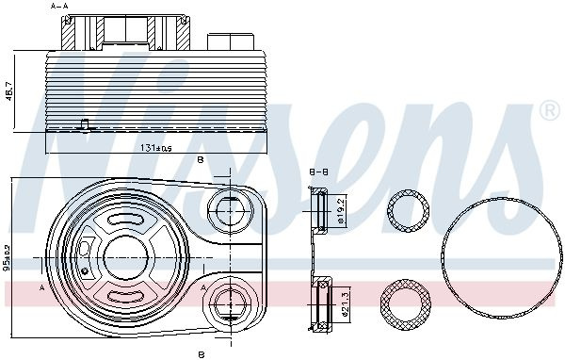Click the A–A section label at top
59,6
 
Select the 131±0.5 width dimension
156,147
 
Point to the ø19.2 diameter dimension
343,210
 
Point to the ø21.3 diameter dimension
345,304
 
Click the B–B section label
319,172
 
